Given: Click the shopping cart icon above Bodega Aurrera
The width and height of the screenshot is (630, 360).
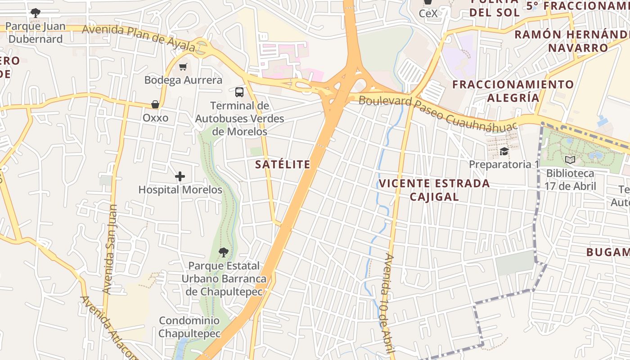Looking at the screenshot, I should coord(183,67).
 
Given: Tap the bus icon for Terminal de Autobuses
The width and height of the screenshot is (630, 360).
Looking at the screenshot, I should coord(239,92).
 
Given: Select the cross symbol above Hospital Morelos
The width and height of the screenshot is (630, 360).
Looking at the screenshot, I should coord(180,176).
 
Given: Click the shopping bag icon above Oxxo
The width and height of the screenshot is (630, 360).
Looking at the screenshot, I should coord(155,105).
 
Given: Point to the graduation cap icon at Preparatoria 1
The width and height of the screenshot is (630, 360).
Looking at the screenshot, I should coord(504,151).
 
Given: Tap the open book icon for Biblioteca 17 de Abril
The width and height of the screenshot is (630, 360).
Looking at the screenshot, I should coord(570,160).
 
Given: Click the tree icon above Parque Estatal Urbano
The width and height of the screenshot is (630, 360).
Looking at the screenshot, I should coord(223,252).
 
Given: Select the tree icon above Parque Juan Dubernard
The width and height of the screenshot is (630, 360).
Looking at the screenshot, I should coord(35,13).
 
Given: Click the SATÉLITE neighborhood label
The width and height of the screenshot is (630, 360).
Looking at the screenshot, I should coord(283,165).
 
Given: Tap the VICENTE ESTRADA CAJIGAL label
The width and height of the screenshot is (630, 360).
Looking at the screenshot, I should coord(434,190).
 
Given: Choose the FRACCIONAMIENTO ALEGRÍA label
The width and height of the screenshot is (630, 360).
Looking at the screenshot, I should coord(513,91).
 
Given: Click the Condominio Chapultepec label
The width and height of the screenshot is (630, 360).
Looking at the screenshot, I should coord(189,327).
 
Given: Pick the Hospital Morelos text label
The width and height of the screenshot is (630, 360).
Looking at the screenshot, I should coord(180,190).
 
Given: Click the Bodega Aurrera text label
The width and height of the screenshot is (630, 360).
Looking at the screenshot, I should coord(183,80).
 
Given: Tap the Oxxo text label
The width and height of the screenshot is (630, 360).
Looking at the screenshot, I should coord(155,118).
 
